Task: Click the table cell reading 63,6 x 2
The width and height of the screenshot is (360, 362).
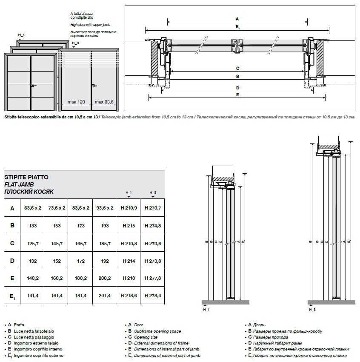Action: tap(33, 208)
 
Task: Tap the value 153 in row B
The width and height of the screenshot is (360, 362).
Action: tap(57, 226)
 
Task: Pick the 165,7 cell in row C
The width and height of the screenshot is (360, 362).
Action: tap(80, 243)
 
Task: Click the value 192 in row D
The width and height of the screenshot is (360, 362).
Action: tap(104, 261)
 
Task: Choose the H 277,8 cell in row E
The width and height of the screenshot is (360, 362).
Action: tap(153, 278)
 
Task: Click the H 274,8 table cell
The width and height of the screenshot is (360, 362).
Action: tap(153, 226)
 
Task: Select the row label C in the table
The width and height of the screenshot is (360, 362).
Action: tap(12, 243)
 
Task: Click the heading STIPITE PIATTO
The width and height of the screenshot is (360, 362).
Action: tap(26, 177)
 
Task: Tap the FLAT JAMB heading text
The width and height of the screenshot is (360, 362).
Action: tap(19, 184)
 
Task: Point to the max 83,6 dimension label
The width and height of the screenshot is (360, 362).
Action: tap(104, 102)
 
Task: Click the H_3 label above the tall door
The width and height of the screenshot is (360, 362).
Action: tap(75, 43)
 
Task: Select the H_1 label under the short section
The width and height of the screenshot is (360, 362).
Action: tap(206, 310)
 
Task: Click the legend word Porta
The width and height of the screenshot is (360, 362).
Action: tap(19, 325)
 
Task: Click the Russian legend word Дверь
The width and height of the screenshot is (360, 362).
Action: tap(260, 325)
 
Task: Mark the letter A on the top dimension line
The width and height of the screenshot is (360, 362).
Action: tap(237, 19)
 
